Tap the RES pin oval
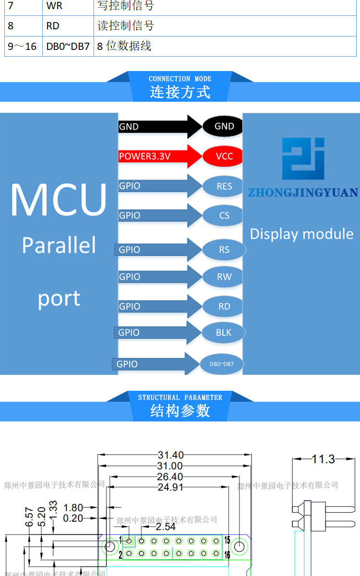coord(224,186)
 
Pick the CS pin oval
coord(224,216)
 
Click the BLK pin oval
coord(224,332)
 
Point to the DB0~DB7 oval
coord(222,364)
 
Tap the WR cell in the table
coord(54,6)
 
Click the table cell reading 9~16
coord(23,47)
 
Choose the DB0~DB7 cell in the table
coord(68,47)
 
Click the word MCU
coord(59,199)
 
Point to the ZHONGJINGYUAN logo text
coord(302,193)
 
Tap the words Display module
coord(301,234)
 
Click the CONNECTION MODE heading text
coord(180,79)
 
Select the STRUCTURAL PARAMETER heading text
coord(180,397)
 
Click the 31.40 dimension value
coord(170,455)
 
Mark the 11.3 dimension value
coord(323,459)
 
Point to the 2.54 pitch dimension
coord(166,527)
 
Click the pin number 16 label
coord(228,555)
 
